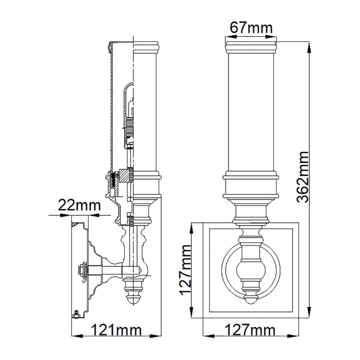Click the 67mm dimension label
(251, 28)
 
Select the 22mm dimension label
(79, 205)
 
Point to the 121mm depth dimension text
(116, 331)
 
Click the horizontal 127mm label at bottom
(251, 331)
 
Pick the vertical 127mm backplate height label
(185, 270)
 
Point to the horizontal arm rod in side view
(112, 270)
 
